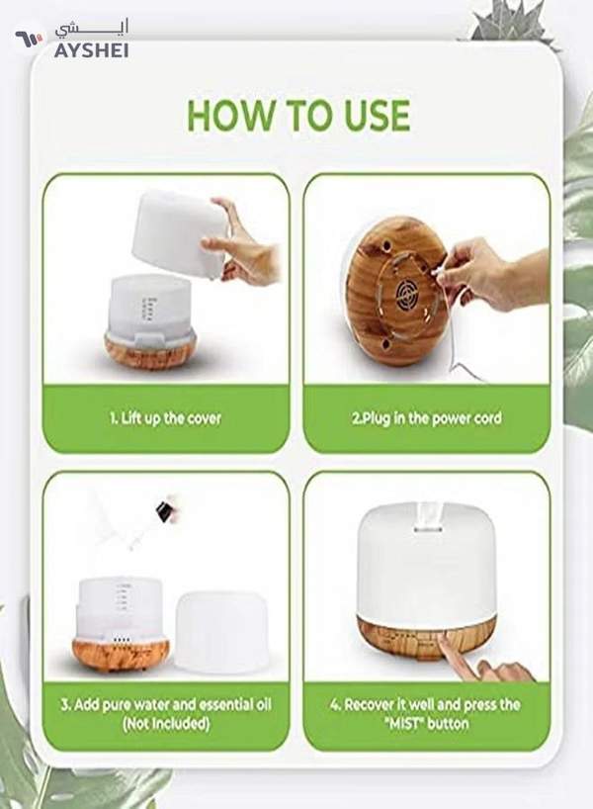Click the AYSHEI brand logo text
tap(85, 48)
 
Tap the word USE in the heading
tap(370, 117)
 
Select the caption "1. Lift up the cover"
tap(166, 418)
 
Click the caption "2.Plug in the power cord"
tap(427, 418)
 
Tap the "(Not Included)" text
tap(166, 723)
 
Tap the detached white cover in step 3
tap(222, 627)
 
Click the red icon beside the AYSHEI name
tap(26, 41)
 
